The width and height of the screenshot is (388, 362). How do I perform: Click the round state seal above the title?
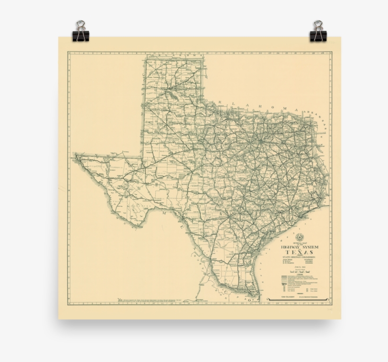299,237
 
